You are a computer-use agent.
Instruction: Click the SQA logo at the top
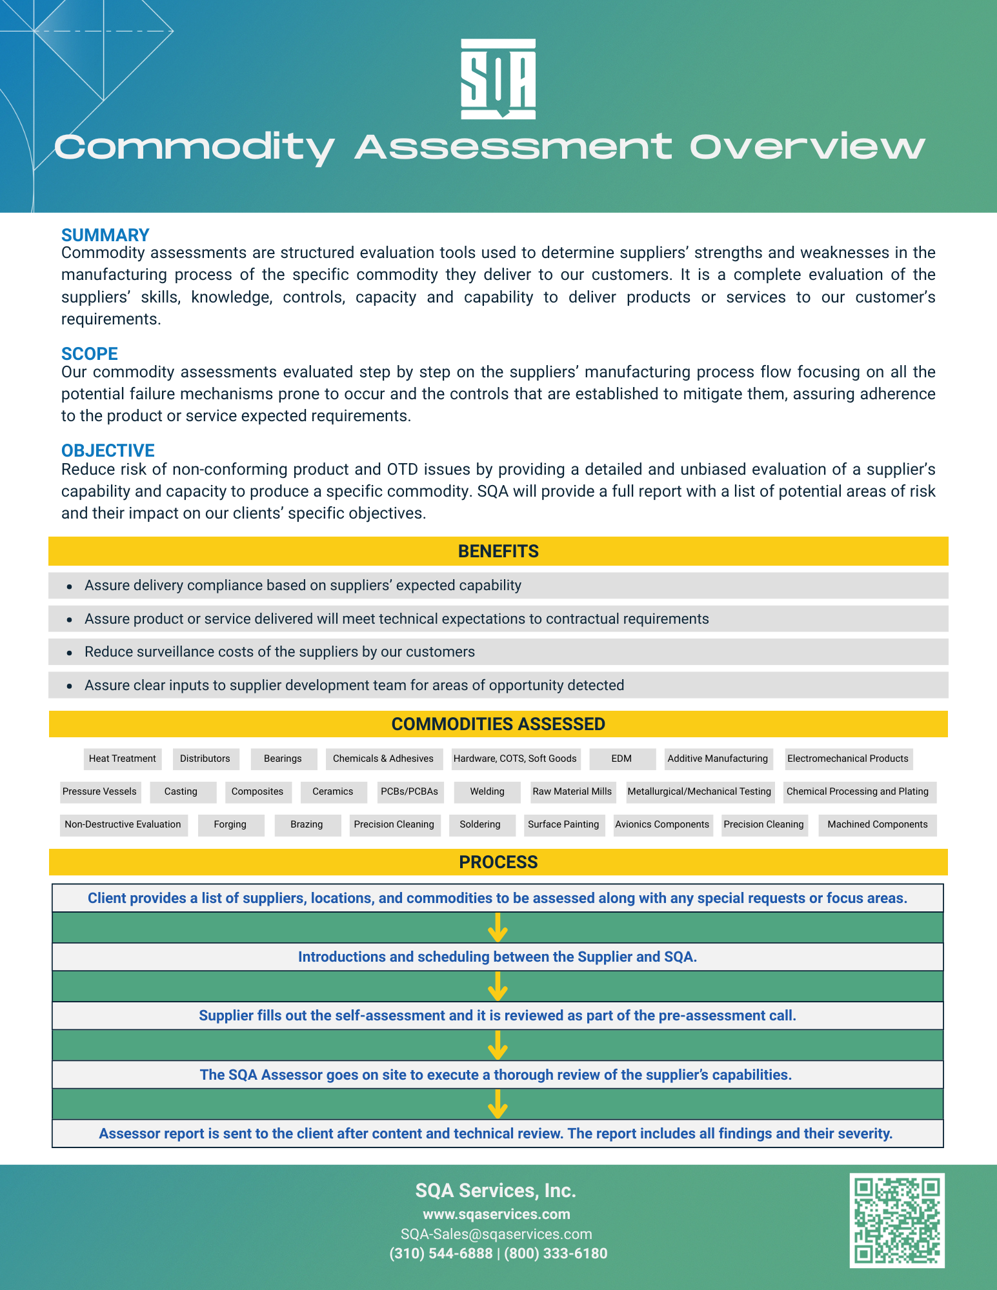tap(498, 79)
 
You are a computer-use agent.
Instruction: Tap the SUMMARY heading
tap(105, 235)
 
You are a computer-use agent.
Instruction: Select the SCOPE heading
tap(90, 353)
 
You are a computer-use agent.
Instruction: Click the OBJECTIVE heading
tap(108, 450)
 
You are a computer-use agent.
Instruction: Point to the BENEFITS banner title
tap(498, 551)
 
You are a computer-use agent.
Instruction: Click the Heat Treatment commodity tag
tap(122, 759)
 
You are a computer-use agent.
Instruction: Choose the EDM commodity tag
tap(621, 759)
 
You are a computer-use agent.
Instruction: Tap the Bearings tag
tap(283, 759)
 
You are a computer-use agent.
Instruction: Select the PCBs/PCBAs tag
tap(409, 791)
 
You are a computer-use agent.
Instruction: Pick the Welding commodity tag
tap(487, 791)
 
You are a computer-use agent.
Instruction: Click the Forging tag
tap(230, 824)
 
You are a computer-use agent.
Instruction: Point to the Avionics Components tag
tap(662, 824)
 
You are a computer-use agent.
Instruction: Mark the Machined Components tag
tap(878, 824)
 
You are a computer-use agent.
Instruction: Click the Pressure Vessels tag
tap(99, 791)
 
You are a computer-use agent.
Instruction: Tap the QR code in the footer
tap(897, 1220)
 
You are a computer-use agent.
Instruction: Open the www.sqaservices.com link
tap(496, 1214)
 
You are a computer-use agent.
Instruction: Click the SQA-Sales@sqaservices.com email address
tap(496, 1234)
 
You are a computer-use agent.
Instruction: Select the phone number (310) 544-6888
tap(441, 1253)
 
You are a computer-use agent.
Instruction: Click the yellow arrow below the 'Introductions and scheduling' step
tap(498, 986)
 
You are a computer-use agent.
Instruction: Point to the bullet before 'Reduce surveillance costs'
tap(70, 653)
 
